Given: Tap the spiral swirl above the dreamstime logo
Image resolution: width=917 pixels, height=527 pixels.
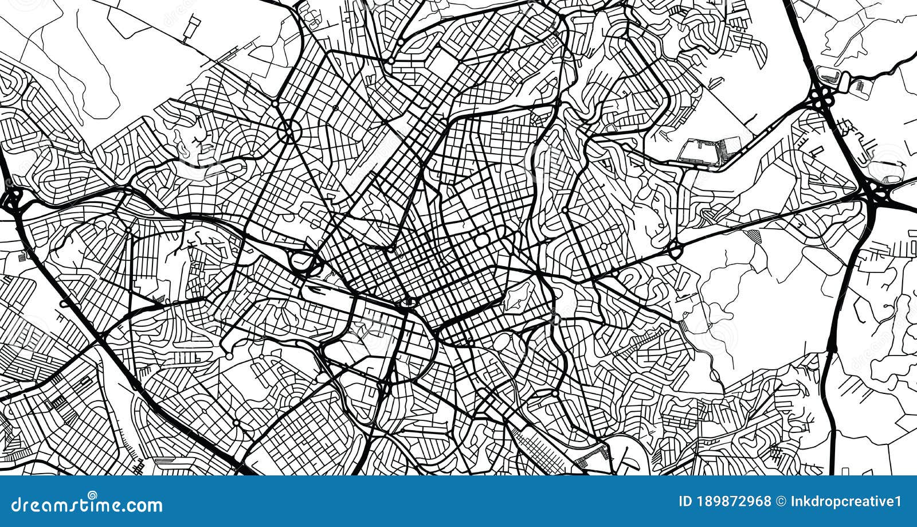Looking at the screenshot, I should pos(92,494).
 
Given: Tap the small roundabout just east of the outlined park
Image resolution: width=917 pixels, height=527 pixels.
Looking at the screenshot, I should pos(554,318).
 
